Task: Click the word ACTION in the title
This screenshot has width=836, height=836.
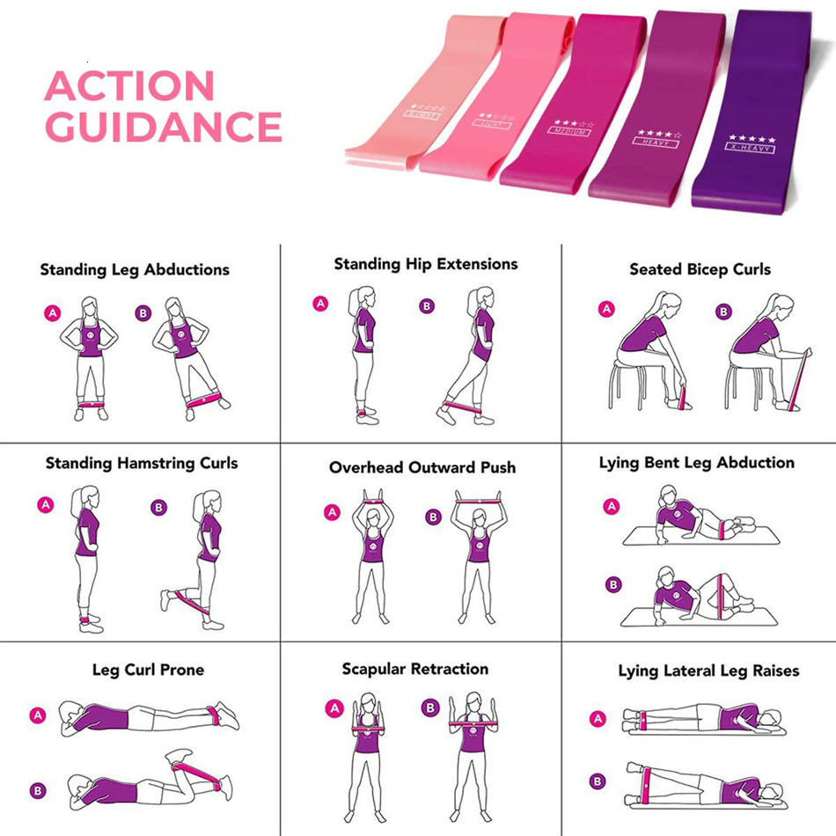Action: coord(129,85)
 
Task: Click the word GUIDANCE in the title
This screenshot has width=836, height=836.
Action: coord(163,127)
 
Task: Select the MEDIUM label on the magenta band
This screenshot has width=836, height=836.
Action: coord(570,131)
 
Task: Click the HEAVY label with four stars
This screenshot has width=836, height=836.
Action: coord(653,139)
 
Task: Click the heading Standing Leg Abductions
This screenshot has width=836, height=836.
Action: coord(135,269)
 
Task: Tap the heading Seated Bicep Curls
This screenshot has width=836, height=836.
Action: coord(700,269)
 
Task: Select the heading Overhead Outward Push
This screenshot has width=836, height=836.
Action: coord(422,467)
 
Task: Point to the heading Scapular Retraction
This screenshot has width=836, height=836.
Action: coord(415,669)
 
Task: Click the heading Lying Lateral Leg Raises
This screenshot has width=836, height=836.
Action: coord(708,671)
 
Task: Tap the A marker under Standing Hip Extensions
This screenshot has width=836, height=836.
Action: coord(321,304)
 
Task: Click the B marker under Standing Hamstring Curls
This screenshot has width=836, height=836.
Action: coord(158,508)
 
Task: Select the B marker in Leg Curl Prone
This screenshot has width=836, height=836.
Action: coord(38,790)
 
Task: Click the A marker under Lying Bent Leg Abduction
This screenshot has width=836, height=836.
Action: coord(612,506)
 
